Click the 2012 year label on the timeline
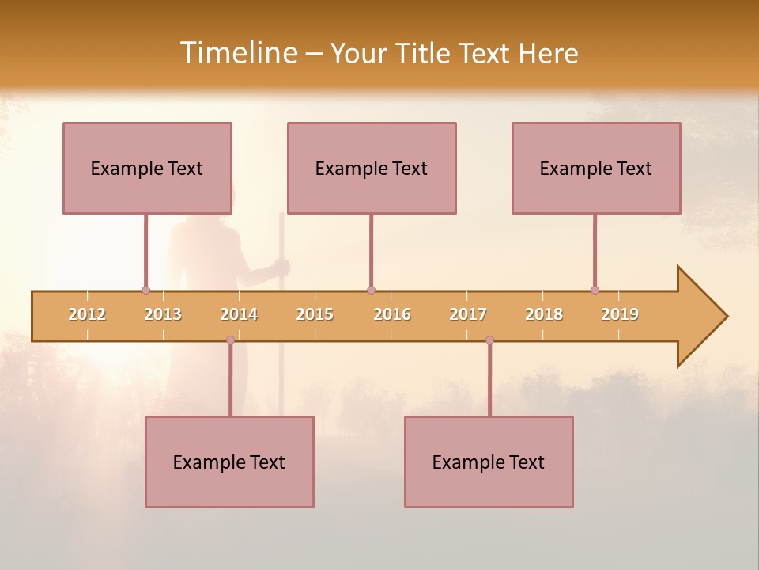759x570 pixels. (87, 314)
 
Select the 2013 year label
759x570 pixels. (163, 314)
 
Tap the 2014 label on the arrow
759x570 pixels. (239, 314)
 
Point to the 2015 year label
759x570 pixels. (315, 314)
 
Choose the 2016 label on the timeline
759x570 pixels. (392, 314)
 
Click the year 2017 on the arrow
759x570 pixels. (468, 314)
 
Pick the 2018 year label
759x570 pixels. (544, 314)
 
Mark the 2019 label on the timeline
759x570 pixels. (620, 314)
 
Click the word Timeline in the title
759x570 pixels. (237, 53)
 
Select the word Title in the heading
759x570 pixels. (425, 53)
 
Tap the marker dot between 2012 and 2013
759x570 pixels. (145, 291)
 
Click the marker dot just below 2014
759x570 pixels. (230, 340)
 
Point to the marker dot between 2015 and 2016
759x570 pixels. (371, 291)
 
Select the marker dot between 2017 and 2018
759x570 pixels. (489, 340)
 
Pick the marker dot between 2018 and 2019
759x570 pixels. (595, 291)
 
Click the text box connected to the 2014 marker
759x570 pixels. (229, 462)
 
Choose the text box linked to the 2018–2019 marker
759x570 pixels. (596, 168)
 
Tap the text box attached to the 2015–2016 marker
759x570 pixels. (372, 168)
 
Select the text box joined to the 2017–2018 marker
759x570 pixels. (489, 462)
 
